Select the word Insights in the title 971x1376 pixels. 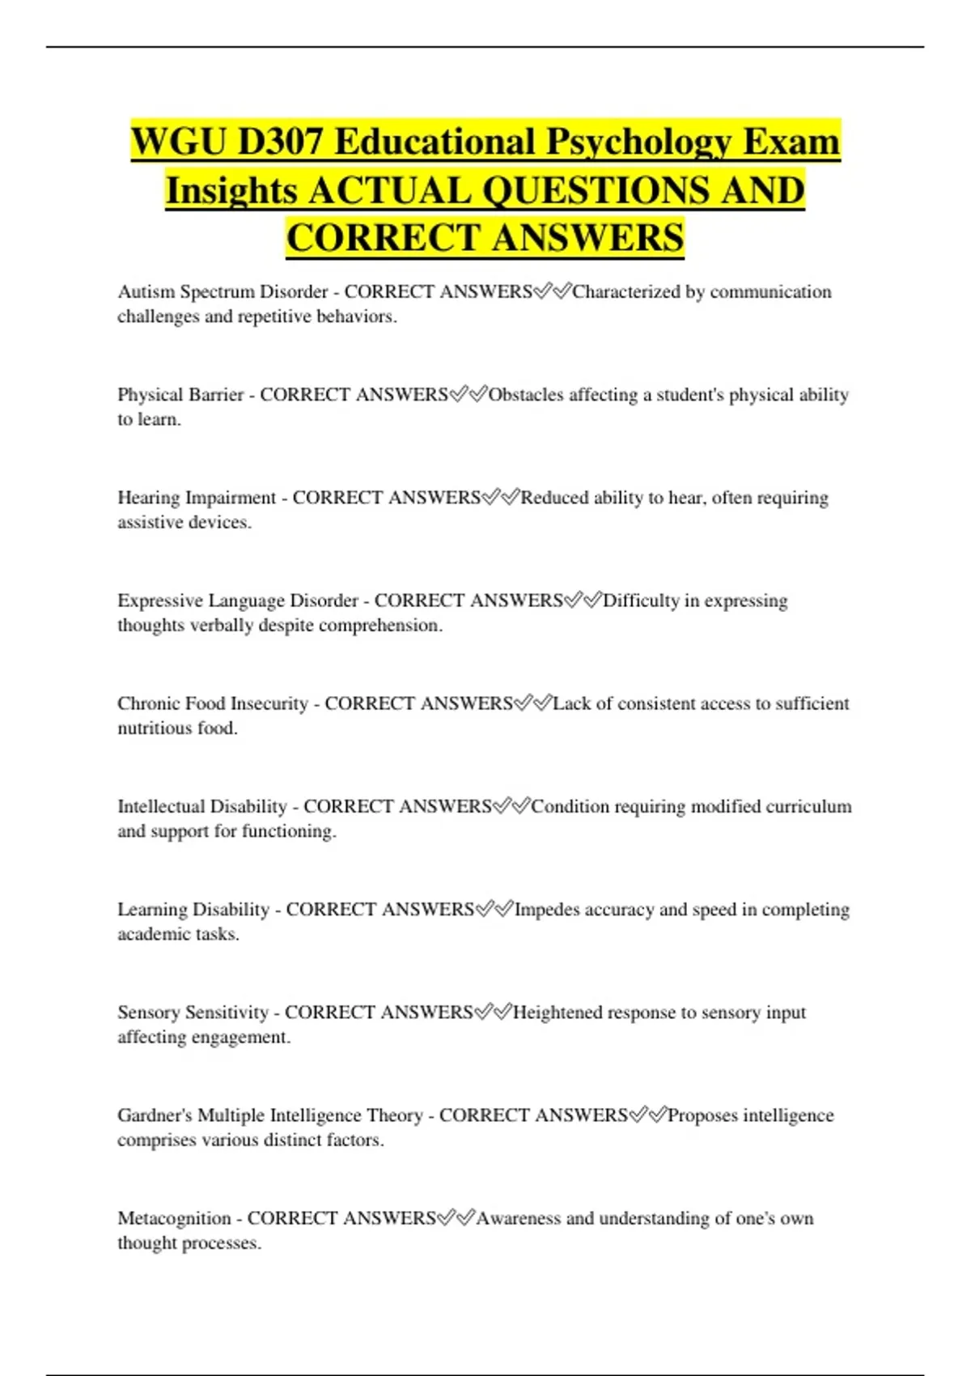tap(231, 191)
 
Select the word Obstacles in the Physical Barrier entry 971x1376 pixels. tap(526, 395)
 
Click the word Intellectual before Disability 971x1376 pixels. tap(160, 806)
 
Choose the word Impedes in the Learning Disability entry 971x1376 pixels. tap(547, 910)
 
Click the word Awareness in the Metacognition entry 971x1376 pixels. tap(518, 1218)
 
